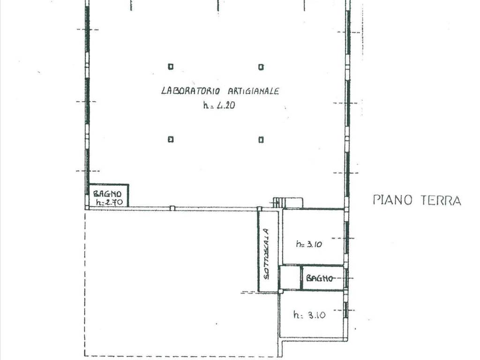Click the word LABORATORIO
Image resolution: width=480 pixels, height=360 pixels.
[190, 91]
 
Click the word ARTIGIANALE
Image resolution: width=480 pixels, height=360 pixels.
[253, 91]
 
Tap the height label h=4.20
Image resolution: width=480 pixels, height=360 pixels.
[219, 105]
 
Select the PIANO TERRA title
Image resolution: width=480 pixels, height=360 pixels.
[417, 200]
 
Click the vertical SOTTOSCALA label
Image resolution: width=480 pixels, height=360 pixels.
[267, 254]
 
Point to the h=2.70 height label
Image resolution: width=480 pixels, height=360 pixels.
[109, 202]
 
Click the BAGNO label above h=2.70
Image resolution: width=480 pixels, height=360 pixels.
[107, 194]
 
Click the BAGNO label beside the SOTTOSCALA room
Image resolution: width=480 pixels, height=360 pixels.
[319, 278]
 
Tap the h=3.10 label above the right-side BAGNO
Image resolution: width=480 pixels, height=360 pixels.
[309, 244]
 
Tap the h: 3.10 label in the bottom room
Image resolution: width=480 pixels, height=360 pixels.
[309, 315]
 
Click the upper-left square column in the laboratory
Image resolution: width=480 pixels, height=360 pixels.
[171, 67]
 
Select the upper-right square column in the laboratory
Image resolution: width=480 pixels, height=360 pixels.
[261, 67]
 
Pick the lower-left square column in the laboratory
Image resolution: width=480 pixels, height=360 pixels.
[171, 139]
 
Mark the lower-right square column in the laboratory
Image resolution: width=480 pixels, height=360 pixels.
[261, 140]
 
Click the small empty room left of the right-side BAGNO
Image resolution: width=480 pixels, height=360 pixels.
[290, 277]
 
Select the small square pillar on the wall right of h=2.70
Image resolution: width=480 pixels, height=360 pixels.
[172, 208]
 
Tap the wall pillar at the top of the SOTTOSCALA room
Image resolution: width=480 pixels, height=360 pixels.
[260, 209]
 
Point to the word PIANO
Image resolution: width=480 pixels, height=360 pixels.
[393, 200]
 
